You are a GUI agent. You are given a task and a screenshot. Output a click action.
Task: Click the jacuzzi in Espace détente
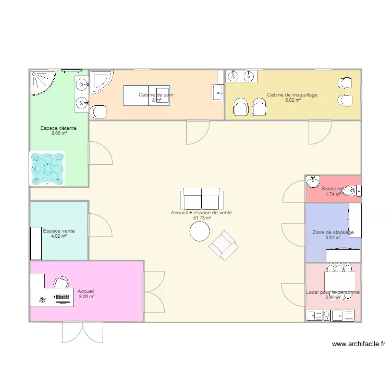click(x=48, y=168)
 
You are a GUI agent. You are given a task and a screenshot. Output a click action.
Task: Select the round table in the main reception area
click(x=200, y=231)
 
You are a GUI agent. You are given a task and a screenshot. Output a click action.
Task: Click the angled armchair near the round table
click(x=224, y=245)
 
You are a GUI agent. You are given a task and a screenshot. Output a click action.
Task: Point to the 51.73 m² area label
click(x=202, y=218)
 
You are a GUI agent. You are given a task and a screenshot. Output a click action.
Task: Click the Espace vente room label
click(x=59, y=230)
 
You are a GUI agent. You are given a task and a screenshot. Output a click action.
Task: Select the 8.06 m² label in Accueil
click(x=87, y=297)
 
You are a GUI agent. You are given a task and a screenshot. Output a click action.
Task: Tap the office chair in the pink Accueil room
click(x=62, y=282)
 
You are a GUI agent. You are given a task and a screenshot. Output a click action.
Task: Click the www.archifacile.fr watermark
click(x=358, y=344)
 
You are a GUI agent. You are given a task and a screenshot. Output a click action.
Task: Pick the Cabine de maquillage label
click(x=292, y=95)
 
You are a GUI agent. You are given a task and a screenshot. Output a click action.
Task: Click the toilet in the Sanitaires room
click(x=353, y=191)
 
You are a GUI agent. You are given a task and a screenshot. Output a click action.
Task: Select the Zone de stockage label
click(x=333, y=233)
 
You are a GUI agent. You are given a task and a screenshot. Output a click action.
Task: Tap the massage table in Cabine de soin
click(x=146, y=95)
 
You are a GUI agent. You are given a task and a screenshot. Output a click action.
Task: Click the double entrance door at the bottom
click(x=83, y=332)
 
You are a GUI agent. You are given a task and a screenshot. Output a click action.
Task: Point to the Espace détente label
click(x=59, y=128)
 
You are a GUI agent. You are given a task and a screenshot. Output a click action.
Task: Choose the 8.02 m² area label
click(x=292, y=100)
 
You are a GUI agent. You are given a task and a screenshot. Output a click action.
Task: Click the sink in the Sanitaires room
click(x=313, y=182)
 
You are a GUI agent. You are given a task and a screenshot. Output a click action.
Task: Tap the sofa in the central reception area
click(x=202, y=199)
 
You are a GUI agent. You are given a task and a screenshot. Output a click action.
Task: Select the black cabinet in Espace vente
click(x=35, y=243)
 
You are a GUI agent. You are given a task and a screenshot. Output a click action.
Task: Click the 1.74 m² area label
click(x=333, y=194)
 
